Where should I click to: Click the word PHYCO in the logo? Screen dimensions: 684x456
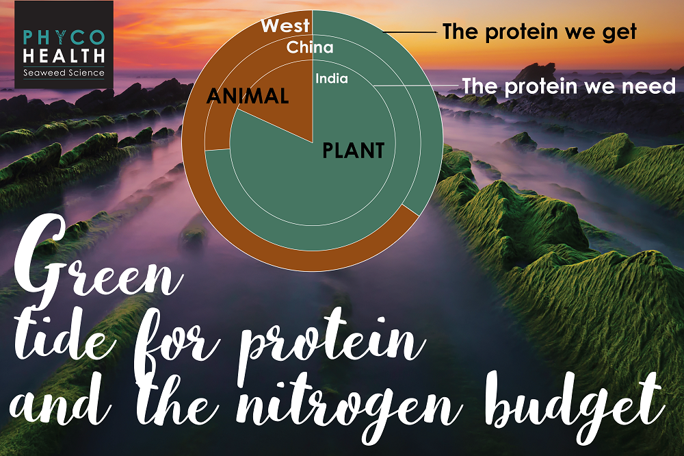tap(64, 38)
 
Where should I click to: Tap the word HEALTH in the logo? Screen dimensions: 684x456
tap(64, 56)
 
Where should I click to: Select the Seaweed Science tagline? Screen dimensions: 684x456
tap(64, 73)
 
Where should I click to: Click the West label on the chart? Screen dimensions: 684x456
tap(285, 26)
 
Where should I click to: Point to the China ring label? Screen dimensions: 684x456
tap(310, 47)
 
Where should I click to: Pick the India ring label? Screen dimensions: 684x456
tap(332, 79)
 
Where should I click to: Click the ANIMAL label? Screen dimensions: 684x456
tap(248, 96)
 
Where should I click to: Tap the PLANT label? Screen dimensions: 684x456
tap(354, 151)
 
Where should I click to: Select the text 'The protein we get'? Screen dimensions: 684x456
tap(540, 32)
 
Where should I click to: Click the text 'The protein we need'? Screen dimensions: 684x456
tap(569, 86)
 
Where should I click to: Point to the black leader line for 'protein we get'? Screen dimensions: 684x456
tap(410, 32)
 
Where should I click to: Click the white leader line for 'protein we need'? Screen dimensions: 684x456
tap(417, 85)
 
